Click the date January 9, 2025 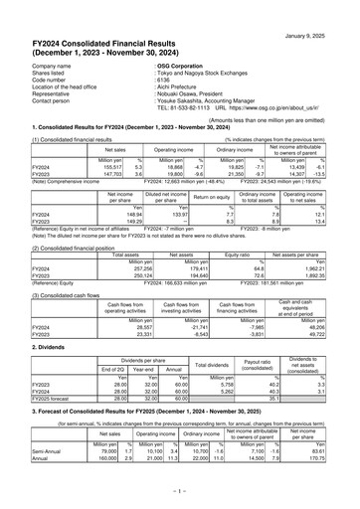pyautogui.click(x=324, y=8)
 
